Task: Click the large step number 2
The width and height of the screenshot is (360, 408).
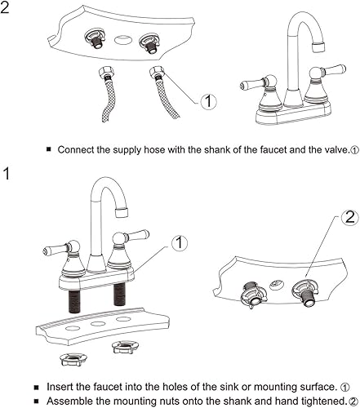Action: coord(7,11)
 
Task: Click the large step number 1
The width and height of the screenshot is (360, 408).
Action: coord(7,173)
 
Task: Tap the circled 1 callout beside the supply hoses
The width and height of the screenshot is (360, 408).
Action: coord(208,102)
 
